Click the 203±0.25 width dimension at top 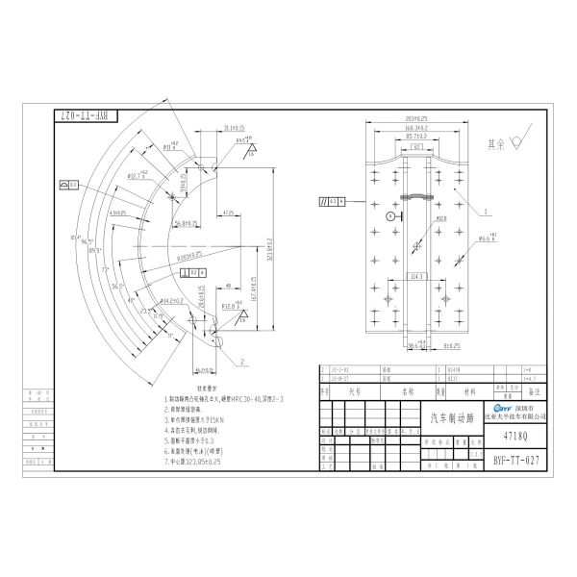(x=416, y=118)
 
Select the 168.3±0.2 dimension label (x=416, y=127)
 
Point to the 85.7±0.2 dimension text (x=415, y=137)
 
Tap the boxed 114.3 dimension (x=417, y=276)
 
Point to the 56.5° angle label (x=117, y=287)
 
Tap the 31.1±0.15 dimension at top (x=235, y=127)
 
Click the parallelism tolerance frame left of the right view (x=334, y=202)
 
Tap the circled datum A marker (x=390, y=217)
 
